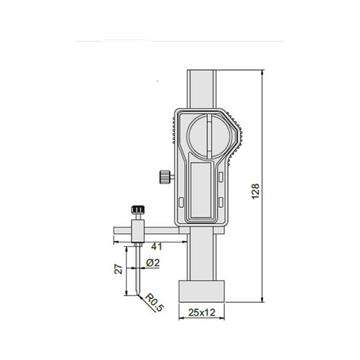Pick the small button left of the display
coord(181,201)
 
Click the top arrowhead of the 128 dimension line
coord(263,72)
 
